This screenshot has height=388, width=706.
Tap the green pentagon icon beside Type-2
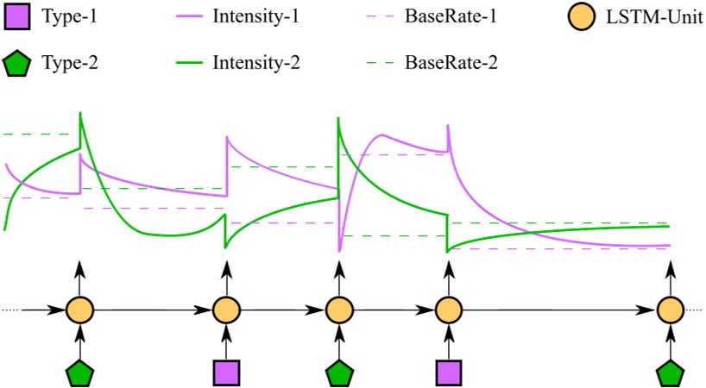(x=17, y=62)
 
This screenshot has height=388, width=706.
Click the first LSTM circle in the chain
(x=79, y=309)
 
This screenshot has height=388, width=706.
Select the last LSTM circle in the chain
(x=671, y=309)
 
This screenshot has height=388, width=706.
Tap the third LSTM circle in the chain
(x=338, y=309)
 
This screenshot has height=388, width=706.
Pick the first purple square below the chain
(x=226, y=372)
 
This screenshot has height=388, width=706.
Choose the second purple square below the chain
(x=447, y=372)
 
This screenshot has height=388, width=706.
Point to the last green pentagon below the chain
(x=671, y=373)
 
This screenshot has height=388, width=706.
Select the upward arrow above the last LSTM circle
(x=671, y=276)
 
